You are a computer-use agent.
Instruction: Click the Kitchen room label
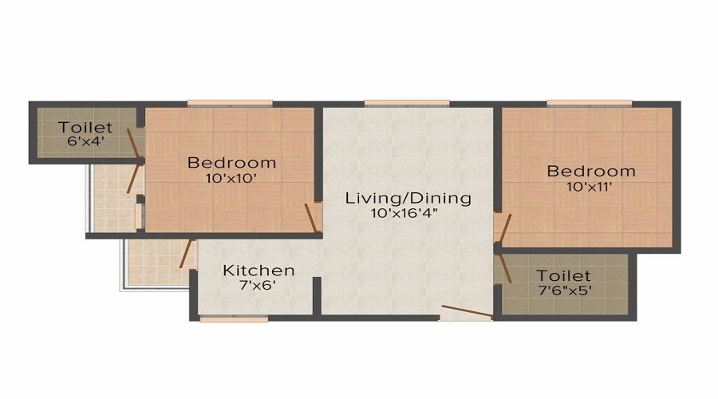pyautogui.click(x=258, y=271)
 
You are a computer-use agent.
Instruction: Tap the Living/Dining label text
pyautogui.click(x=408, y=198)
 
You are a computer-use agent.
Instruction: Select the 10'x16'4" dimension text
pyautogui.click(x=408, y=213)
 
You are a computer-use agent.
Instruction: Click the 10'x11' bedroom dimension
pyautogui.click(x=590, y=186)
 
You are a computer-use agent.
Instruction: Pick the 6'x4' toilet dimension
pyautogui.click(x=85, y=142)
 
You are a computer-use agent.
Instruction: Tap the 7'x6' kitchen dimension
pyautogui.click(x=258, y=286)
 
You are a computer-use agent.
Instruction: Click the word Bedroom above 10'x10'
pyautogui.click(x=231, y=163)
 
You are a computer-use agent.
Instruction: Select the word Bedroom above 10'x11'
pyautogui.click(x=590, y=171)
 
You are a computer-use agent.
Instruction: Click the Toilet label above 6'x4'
pyautogui.click(x=85, y=128)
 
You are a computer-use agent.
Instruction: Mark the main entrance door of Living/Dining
pyautogui.click(x=467, y=312)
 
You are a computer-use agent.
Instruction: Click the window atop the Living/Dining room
pyautogui.click(x=395, y=102)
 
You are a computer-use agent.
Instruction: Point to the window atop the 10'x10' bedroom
pyautogui.click(x=230, y=102)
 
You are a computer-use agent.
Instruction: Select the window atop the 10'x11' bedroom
pyautogui.click(x=589, y=102)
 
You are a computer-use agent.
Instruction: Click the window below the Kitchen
pyautogui.click(x=222, y=319)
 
